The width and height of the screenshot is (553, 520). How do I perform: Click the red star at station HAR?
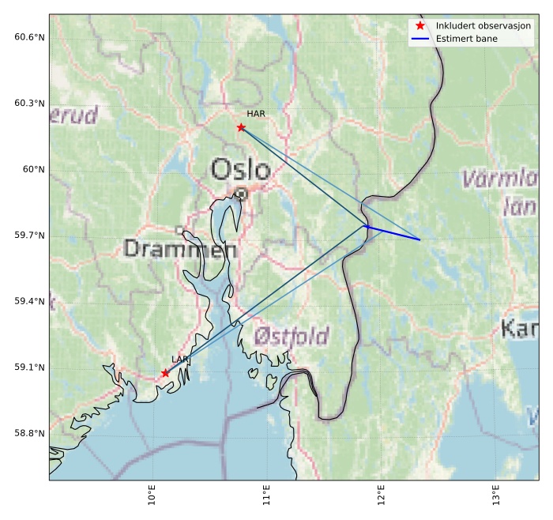click(241, 127)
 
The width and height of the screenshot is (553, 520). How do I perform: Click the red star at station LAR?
click(165, 373)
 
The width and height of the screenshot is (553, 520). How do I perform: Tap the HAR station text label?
click(256, 114)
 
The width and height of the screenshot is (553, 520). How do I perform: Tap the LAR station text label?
click(180, 360)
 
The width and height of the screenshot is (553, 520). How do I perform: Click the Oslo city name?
click(241, 169)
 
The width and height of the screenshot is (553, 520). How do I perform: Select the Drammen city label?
click(180, 250)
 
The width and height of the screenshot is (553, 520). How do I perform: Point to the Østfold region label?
click(292, 337)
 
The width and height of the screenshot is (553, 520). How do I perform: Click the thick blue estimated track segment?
click(393, 233)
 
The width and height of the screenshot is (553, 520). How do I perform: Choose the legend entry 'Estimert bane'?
click(465, 38)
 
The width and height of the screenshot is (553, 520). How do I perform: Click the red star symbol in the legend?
click(419, 26)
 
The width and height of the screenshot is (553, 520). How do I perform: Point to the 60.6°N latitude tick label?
click(30, 37)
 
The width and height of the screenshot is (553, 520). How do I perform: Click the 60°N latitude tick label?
click(35, 169)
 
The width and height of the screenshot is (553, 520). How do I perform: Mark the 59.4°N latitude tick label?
click(30, 301)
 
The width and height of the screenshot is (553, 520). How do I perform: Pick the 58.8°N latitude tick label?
click(30, 433)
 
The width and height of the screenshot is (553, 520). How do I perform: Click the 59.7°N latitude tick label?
click(30, 236)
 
